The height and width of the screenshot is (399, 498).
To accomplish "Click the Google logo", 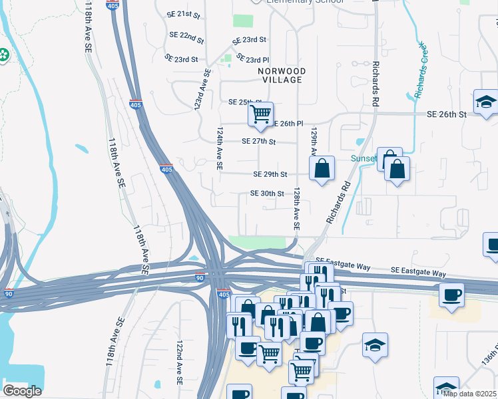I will (x=22, y=391).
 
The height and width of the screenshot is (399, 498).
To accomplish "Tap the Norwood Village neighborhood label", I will (x=282, y=75).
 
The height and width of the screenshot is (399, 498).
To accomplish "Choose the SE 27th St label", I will (x=259, y=141).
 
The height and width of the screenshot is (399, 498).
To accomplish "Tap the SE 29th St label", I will (x=270, y=174).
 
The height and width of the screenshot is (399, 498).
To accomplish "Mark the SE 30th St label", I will (x=267, y=194).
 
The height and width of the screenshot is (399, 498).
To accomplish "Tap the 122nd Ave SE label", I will (x=179, y=363).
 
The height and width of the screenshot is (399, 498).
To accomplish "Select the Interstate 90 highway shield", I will (x=200, y=277).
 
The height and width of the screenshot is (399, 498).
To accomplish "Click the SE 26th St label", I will (x=447, y=114).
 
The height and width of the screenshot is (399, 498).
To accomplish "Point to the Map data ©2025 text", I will (x=469, y=394).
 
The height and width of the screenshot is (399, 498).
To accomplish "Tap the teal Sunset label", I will (x=364, y=159).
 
